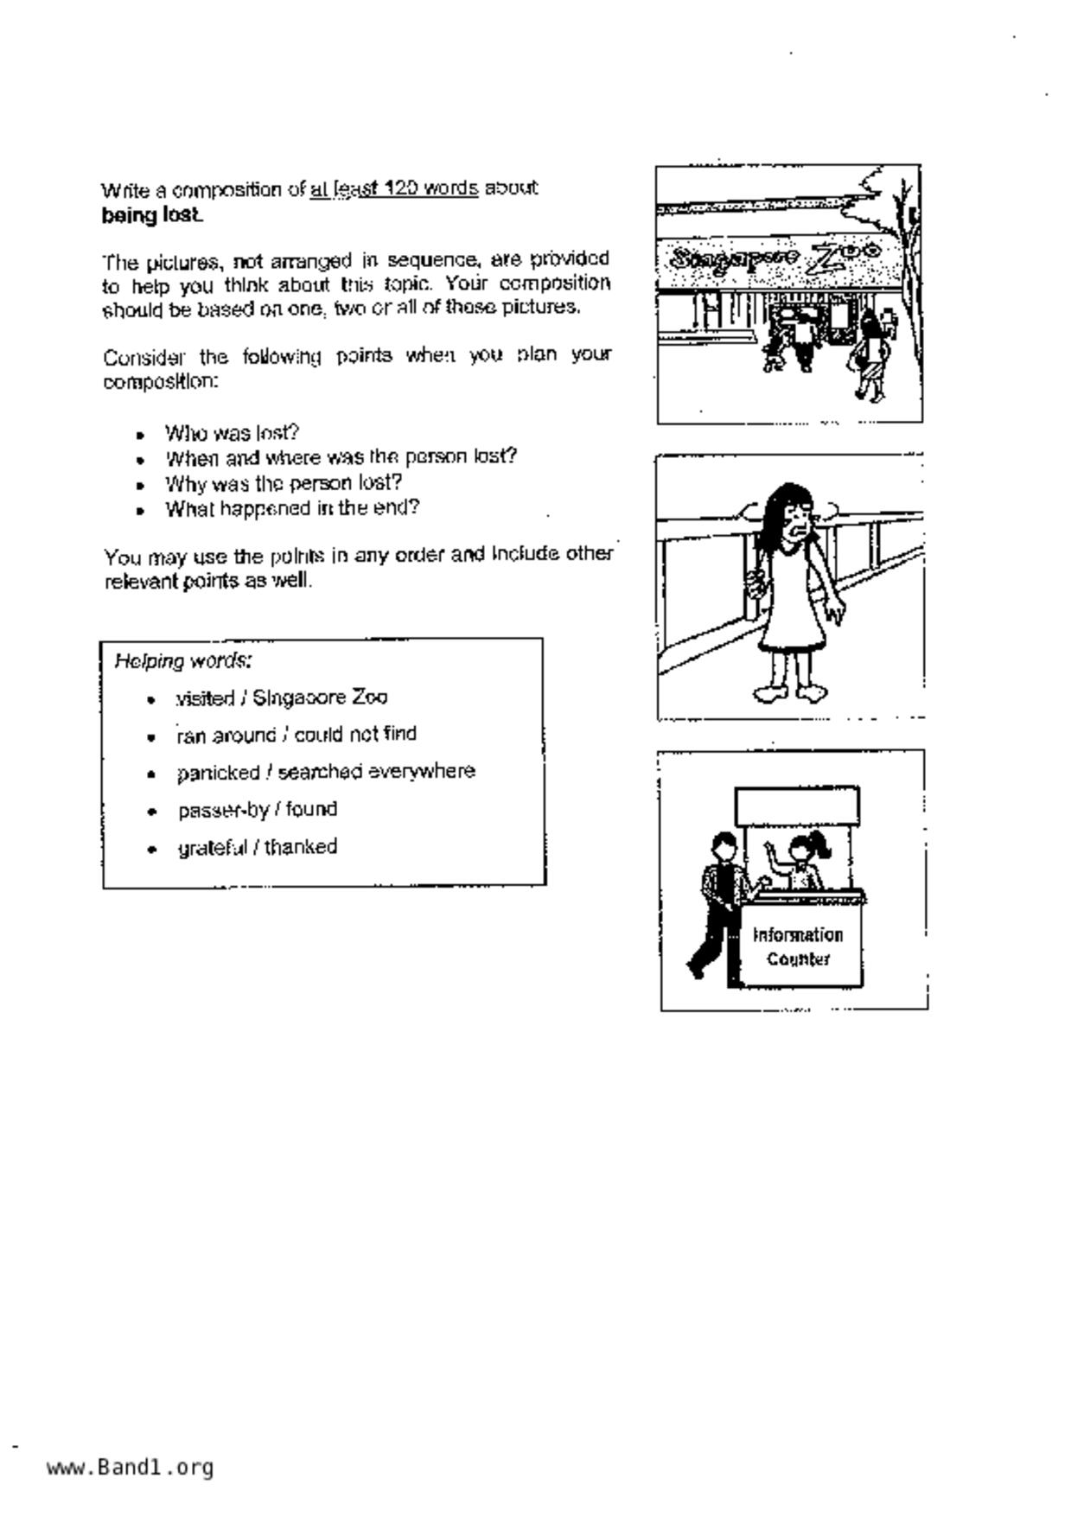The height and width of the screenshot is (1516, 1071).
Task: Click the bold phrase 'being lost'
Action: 152,215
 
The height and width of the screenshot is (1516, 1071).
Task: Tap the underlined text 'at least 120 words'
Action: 394,188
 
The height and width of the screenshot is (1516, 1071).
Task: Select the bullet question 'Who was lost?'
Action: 232,432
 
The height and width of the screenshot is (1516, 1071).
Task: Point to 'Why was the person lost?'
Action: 284,482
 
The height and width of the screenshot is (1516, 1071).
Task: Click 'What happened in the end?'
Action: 292,507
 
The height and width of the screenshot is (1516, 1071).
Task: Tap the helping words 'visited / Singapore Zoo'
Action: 282,697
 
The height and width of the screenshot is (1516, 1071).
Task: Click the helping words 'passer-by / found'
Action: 258,810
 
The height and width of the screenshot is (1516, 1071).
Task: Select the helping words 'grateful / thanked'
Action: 258,847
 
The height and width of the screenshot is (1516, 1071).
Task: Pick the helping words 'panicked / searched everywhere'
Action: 326,771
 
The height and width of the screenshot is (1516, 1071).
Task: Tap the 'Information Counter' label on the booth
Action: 798,947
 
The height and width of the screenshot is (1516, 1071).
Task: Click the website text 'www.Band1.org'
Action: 130,1467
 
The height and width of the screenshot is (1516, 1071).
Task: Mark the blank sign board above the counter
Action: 797,806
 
